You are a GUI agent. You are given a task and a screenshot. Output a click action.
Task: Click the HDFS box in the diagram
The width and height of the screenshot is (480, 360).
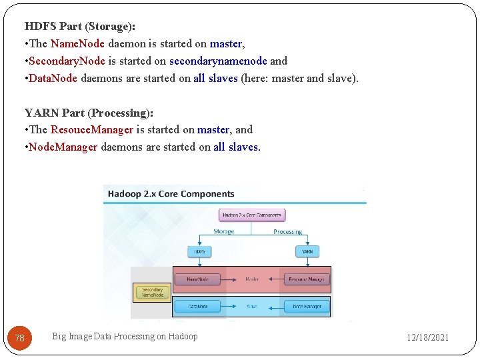(x=199, y=251)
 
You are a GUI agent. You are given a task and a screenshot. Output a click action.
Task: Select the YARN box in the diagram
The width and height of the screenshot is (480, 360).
(x=307, y=251)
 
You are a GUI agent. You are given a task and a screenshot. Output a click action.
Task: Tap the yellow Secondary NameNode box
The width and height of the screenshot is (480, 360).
(x=152, y=292)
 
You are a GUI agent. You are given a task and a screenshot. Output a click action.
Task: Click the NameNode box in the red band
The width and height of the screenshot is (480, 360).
(x=197, y=279)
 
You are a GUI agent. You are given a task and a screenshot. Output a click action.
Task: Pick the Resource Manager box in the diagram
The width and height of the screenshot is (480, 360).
(x=307, y=279)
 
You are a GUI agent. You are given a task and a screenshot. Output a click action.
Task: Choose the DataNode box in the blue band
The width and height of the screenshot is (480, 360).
(x=197, y=307)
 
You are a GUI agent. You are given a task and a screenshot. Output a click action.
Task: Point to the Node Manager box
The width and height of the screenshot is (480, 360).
(x=307, y=307)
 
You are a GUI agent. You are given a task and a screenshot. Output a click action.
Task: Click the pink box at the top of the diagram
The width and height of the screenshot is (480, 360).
(x=252, y=215)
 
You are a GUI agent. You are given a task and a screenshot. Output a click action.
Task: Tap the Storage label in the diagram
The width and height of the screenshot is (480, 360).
(x=223, y=231)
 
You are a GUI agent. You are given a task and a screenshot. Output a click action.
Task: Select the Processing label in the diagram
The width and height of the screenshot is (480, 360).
(x=287, y=231)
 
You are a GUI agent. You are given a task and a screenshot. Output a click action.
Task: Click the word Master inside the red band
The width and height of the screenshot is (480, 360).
(x=252, y=279)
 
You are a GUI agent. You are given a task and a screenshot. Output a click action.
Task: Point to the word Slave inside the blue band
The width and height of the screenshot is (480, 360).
(x=252, y=307)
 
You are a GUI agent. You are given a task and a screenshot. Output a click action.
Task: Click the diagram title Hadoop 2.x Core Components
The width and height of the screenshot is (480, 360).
(x=171, y=194)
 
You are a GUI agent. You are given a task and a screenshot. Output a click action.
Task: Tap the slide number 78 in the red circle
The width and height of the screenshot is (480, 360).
(x=20, y=338)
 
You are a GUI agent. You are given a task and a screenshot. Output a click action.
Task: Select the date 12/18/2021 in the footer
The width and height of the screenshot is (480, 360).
(x=428, y=337)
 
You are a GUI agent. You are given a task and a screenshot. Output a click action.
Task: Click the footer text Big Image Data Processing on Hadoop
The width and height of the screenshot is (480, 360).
(x=125, y=337)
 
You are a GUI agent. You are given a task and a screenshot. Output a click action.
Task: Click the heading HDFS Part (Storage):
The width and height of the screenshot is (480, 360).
(x=80, y=27)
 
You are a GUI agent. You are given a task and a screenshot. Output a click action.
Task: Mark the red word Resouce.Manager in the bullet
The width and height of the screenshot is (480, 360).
(x=92, y=130)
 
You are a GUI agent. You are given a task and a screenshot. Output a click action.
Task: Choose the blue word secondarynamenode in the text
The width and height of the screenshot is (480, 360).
(x=218, y=61)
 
